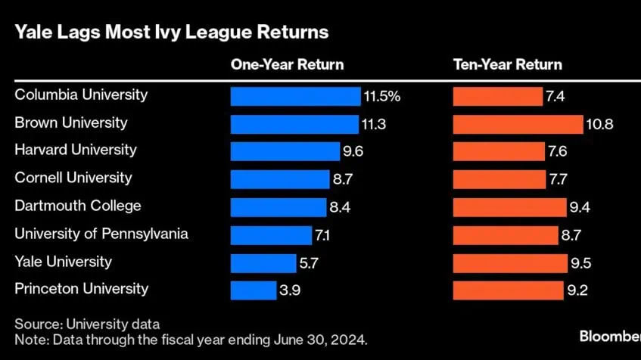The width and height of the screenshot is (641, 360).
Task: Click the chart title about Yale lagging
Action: tap(171, 33)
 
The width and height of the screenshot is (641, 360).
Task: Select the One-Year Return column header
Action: tap(287, 65)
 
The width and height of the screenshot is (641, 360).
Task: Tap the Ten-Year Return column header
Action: tap(507, 65)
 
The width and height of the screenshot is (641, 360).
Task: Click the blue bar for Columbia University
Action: tap(295, 96)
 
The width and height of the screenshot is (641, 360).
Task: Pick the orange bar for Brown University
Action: tap(518, 124)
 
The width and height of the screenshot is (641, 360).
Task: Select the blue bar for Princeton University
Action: tap(253, 290)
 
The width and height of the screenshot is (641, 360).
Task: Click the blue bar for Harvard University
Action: tap(285, 151)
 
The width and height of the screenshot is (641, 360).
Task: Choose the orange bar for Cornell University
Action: tap(499, 179)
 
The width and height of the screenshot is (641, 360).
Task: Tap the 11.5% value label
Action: tap(381, 96)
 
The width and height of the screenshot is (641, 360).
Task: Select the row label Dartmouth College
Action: tap(78, 206)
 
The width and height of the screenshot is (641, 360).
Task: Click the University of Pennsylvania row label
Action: tap(101, 234)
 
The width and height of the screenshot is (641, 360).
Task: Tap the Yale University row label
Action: tap(63, 262)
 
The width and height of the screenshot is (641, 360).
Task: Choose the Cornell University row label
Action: tap(73, 178)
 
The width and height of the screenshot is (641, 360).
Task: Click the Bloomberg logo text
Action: tap(609, 335)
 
